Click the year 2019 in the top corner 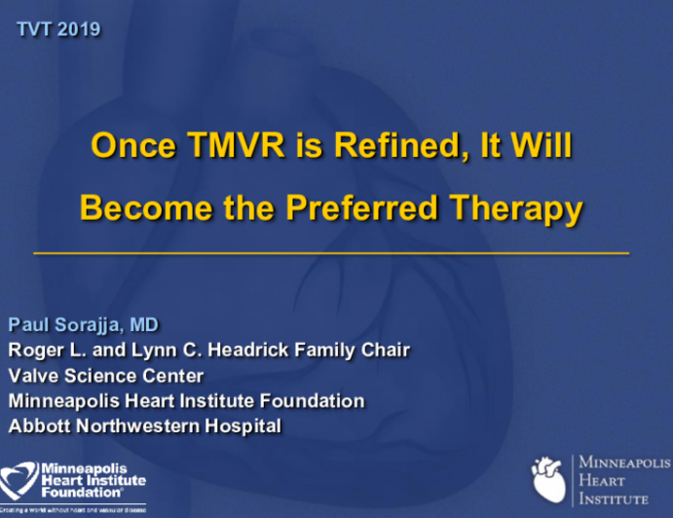click(79, 29)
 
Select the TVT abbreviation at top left click(36, 29)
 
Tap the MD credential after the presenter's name click(142, 324)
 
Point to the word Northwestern click(141, 425)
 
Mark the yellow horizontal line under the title click(331, 252)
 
